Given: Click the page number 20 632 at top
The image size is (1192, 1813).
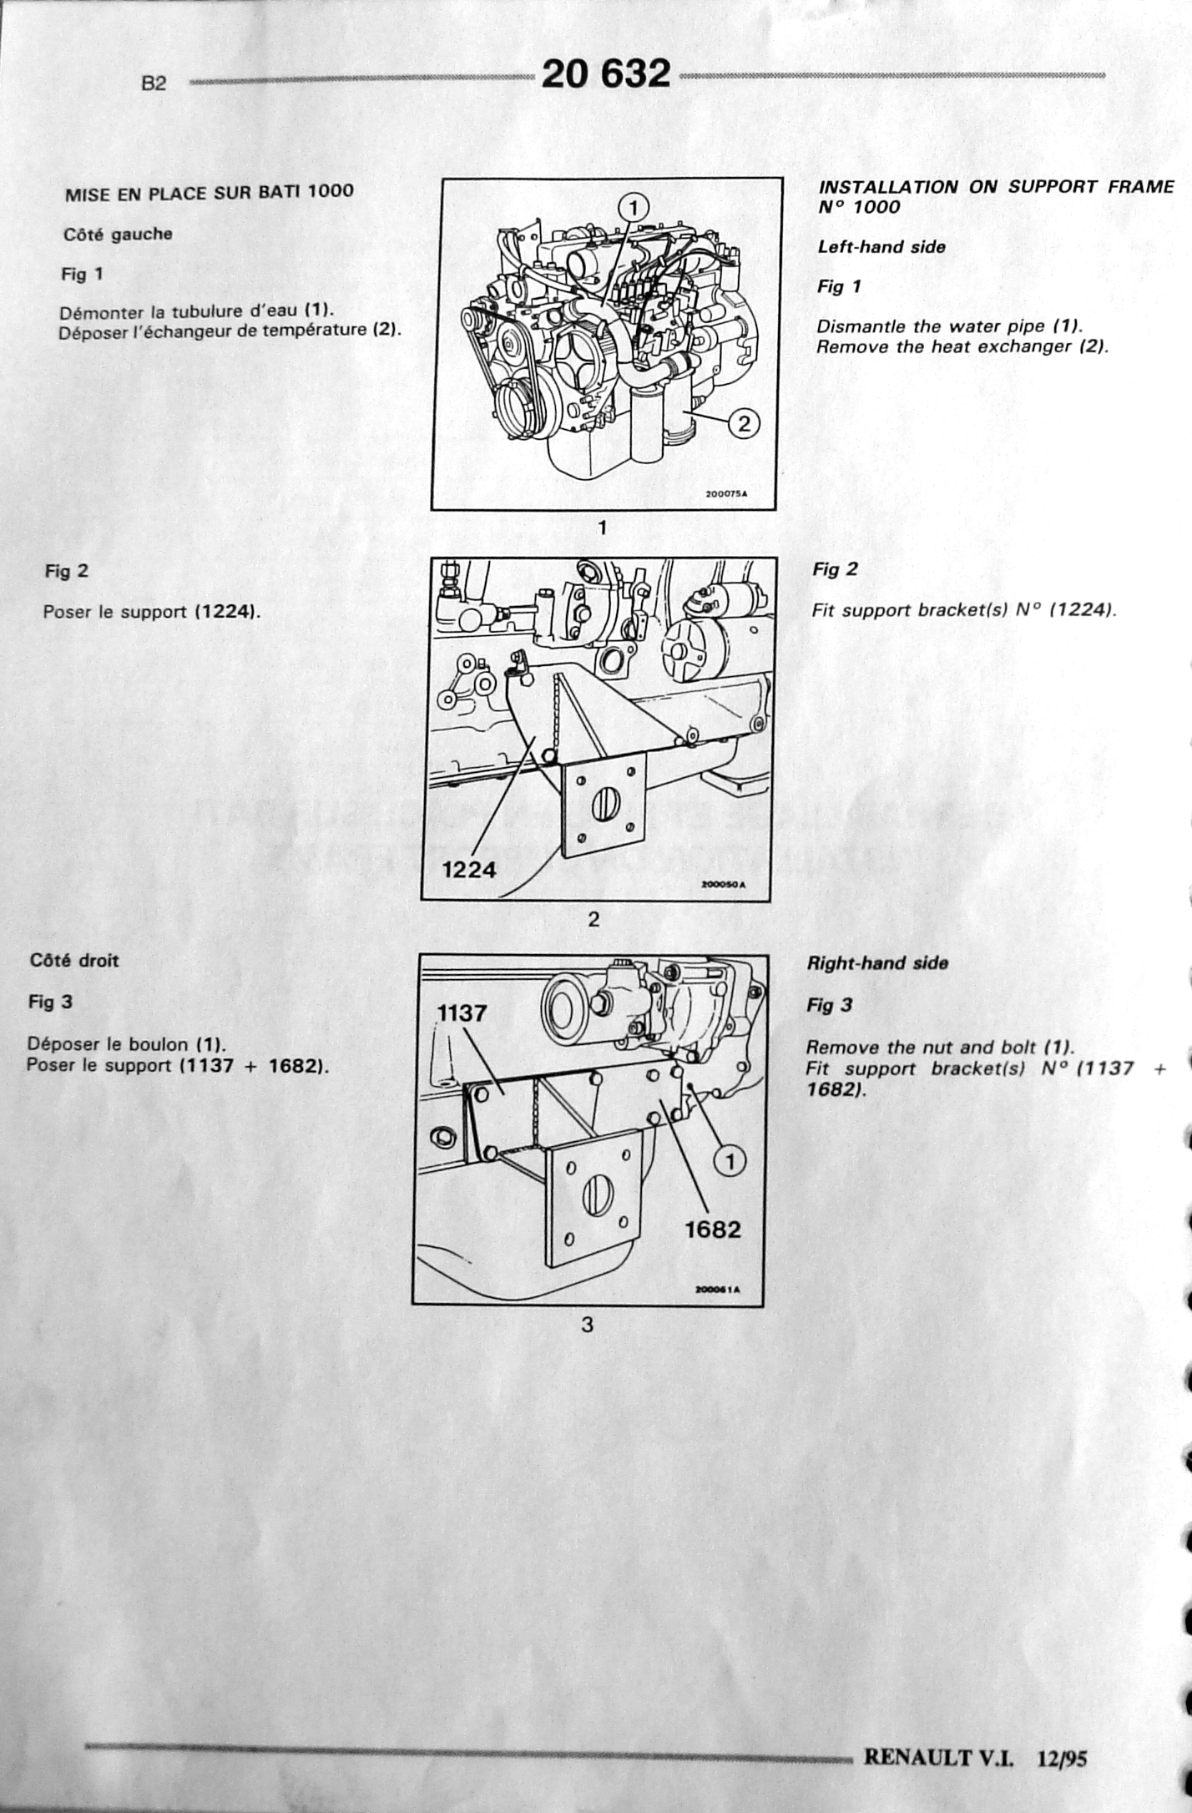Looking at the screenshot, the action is [x=605, y=73].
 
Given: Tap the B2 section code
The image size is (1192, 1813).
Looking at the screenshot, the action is [x=154, y=83].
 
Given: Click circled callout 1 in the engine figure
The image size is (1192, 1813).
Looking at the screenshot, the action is [x=634, y=206].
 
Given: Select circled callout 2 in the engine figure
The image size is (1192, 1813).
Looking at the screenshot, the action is [x=744, y=423].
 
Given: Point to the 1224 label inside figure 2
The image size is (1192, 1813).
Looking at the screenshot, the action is [x=468, y=870].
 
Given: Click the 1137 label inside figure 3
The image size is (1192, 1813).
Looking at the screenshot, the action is [x=462, y=1013].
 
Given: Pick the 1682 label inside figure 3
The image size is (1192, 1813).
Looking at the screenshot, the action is [x=712, y=1230].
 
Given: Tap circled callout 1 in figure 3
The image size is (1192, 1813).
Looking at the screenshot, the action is [x=730, y=1161].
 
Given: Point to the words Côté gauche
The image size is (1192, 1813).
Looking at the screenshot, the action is [x=118, y=235].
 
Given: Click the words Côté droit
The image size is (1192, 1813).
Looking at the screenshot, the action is [x=74, y=960].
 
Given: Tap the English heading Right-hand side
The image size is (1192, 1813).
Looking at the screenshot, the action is [x=877, y=962].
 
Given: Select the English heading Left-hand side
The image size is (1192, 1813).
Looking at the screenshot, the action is [x=881, y=246].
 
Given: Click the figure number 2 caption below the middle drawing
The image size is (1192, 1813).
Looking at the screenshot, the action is [x=593, y=919].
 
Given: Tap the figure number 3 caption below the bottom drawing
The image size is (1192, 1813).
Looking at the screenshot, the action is [x=587, y=1324].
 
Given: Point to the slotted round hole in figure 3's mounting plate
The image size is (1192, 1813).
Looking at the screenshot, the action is [x=598, y=1195].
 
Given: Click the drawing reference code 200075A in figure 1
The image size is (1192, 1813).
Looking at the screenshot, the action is [x=726, y=493].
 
